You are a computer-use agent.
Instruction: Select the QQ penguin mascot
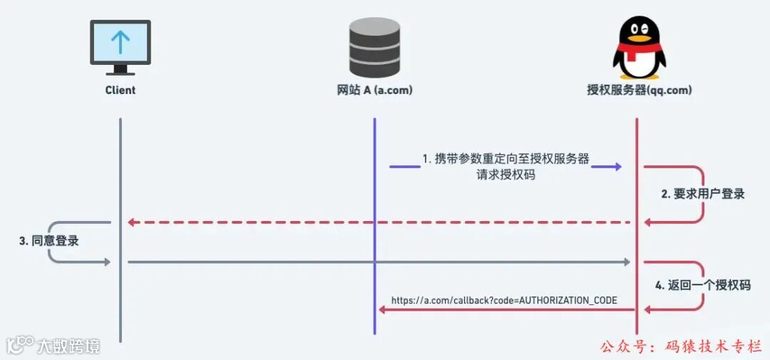click(x=638, y=47)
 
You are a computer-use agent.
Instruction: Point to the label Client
click(x=120, y=91)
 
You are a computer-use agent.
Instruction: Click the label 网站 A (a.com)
click(x=374, y=91)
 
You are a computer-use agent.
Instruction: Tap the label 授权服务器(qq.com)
click(x=639, y=91)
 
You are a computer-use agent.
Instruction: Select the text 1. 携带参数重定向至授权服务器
click(x=506, y=158)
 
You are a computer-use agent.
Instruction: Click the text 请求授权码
click(x=505, y=174)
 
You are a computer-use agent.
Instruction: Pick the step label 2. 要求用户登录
click(x=703, y=194)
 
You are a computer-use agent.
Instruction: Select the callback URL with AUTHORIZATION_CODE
click(x=504, y=300)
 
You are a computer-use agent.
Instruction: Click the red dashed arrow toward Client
click(x=378, y=222)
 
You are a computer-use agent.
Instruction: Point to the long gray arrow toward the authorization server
click(x=378, y=262)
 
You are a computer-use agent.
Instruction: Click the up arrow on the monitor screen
click(x=120, y=42)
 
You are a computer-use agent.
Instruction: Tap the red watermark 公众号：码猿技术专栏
click(x=681, y=346)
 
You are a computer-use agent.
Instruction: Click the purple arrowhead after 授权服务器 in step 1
click(x=616, y=166)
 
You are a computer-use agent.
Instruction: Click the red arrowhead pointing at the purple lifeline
click(x=382, y=309)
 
